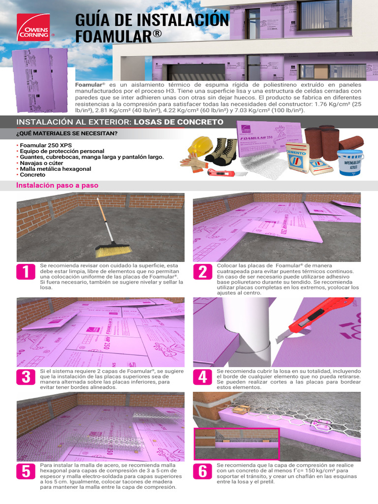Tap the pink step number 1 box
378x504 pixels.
pyautogui.click(x=26, y=272)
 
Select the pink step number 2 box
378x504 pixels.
pyautogui.click(x=202, y=272)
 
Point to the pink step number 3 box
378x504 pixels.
pyautogui.click(x=26, y=377)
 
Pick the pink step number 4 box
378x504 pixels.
pyautogui.click(x=202, y=377)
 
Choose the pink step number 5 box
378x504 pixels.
pyautogui.click(x=26, y=471)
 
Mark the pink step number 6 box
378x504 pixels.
pyautogui.click(x=202, y=471)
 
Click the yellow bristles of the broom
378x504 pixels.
pyautogui.click(x=113, y=251)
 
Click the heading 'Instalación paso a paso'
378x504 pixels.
pyautogui.click(x=57, y=186)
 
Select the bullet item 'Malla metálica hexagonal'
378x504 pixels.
pyautogui.click(x=55, y=169)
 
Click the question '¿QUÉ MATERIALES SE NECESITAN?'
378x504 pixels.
pyautogui.click(x=67, y=134)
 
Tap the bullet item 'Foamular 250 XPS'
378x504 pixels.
pyautogui.click(x=44, y=145)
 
